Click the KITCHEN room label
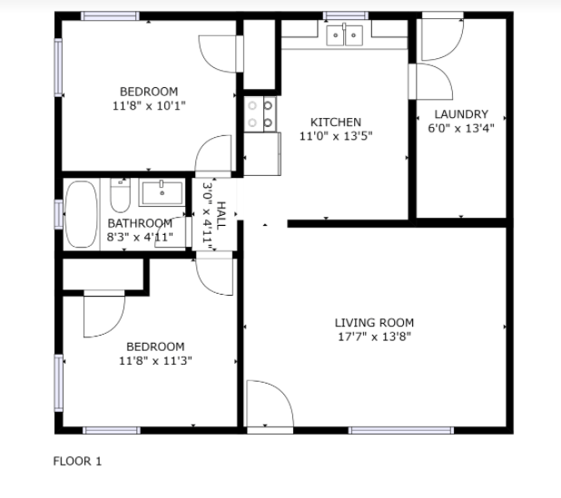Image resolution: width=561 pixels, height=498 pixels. click(x=336, y=122)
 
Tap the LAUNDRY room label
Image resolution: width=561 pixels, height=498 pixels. click(x=461, y=114)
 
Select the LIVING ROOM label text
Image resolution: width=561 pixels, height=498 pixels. click(x=374, y=323)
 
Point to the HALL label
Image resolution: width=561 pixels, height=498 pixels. click(x=221, y=215)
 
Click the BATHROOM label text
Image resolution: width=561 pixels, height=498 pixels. click(x=140, y=223)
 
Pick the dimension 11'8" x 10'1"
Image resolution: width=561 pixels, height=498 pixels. click(x=149, y=106)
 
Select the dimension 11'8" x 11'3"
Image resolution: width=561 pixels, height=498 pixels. click(x=155, y=361)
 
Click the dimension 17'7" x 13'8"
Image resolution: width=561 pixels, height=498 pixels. click(x=374, y=337)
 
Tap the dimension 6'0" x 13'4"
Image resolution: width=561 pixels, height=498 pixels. click(x=461, y=128)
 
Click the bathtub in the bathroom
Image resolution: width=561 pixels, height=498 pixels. click(x=82, y=214)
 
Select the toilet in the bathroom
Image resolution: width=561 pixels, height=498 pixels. click(x=120, y=195)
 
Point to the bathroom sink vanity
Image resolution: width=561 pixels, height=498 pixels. click(x=162, y=193)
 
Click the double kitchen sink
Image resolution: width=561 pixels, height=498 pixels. click(x=345, y=35)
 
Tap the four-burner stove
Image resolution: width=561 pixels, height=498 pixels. click(x=261, y=114)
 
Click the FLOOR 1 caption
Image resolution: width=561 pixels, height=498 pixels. click(x=77, y=461)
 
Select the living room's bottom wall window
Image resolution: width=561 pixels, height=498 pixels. click(x=401, y=430)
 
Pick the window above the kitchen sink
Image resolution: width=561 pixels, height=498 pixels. click(x=346, y=15)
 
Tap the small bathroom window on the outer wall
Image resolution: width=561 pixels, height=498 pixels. click(x=59, y=214)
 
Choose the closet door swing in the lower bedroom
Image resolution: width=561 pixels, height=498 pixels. click(x=104, y=314)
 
